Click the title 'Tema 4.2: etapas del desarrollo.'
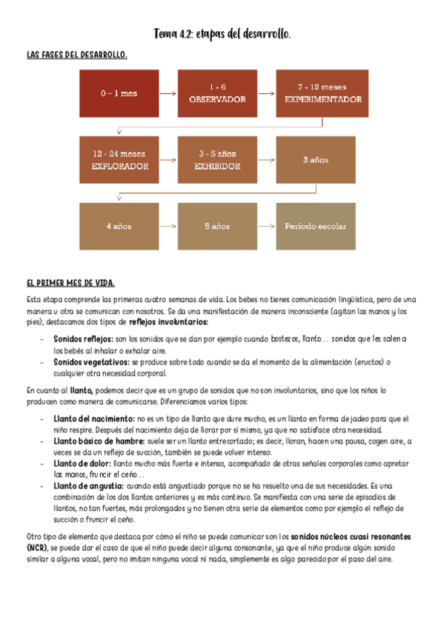222,35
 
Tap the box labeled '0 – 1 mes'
119,94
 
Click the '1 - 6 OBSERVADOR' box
217,94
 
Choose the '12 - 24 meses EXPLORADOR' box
119,160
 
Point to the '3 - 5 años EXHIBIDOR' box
217,160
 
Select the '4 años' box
119,226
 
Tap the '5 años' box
217,226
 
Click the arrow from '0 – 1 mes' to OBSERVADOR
168,94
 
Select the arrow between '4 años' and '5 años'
168,226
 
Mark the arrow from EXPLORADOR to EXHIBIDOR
168,160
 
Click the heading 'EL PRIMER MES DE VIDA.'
70,284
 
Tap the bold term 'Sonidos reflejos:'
83,338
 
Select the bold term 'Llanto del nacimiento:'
94,418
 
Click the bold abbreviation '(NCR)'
36,547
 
